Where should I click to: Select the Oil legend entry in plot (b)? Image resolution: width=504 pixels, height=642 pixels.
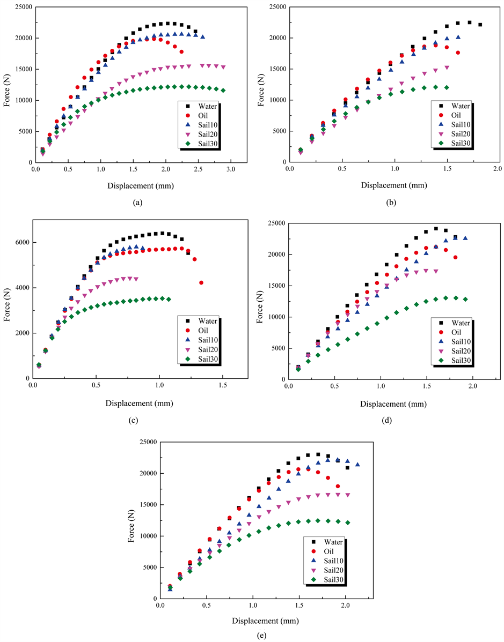pos(454,115)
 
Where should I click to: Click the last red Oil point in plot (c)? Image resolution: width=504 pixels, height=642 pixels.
pos(201,282)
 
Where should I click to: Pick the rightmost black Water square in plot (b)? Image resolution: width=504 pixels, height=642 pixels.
pos(480,25)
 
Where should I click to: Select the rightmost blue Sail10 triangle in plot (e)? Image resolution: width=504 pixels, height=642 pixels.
pos(357,465)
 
